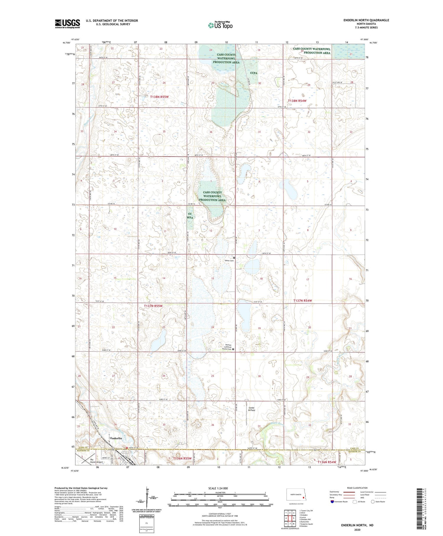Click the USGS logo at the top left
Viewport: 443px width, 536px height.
pyautogui.click(x=67, y=24)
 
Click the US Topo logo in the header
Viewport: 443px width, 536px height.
pyautogui.click(x=220, y=25)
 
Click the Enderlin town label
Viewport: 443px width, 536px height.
pyautogui.click(x=116, y=438)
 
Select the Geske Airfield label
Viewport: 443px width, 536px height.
pyautogui.click(x=251, y=409)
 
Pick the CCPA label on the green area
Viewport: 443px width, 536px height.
pyautogui.click(x=253, y=73)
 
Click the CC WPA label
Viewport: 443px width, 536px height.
pyautogui.click(x=190, y=216)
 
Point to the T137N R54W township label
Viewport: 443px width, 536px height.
pyautogui.click(x=302, y=301)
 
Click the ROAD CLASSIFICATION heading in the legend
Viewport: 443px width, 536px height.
pyautogui.click(x=357, y=488)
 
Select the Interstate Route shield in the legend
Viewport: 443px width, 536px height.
pyautogui.click(x=332, y=502)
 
